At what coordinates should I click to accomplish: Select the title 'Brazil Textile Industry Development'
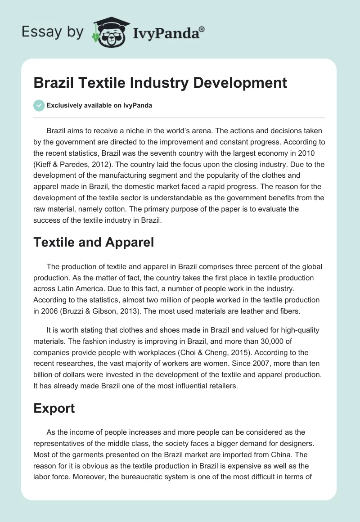click(160, 83)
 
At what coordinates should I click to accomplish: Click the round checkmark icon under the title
click(39, 105)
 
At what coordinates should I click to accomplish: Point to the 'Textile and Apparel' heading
click(94, 243)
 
